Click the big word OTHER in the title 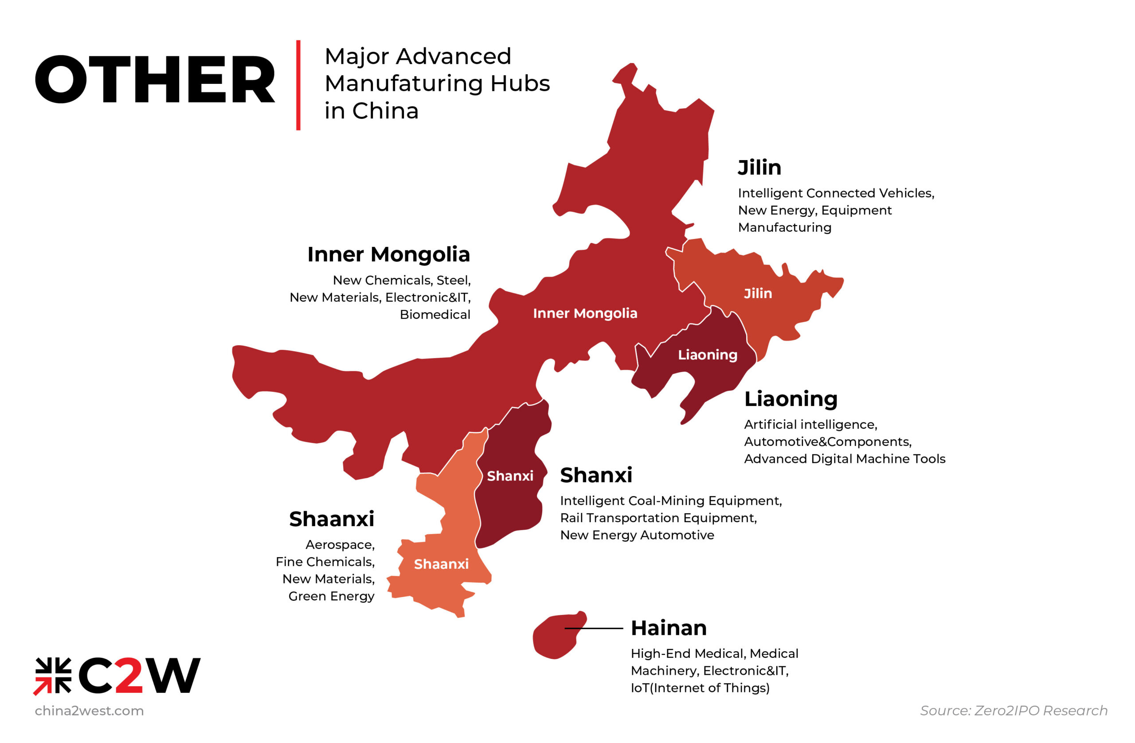click(x=155, y=79)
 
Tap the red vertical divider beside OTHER click(x=298, y=85)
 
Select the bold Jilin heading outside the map click(x=759, y=168)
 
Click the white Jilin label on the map click(x=758, y=293)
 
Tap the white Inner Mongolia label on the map click(x=585, y=313)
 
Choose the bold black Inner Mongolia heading click(x=388, y=254)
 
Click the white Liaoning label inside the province click(x=707, y=355)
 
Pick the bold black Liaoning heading click(x=791, y=399)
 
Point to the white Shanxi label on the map click(x=510, y=476)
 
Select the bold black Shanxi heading click(x=596, y=475)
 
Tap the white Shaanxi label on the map click(x=441, y=564)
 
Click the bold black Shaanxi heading click(x=332, y=519)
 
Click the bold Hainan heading click(x=669, y=628)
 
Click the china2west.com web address click(x=89, y=711)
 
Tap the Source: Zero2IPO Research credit click(x=1014, y=711)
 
